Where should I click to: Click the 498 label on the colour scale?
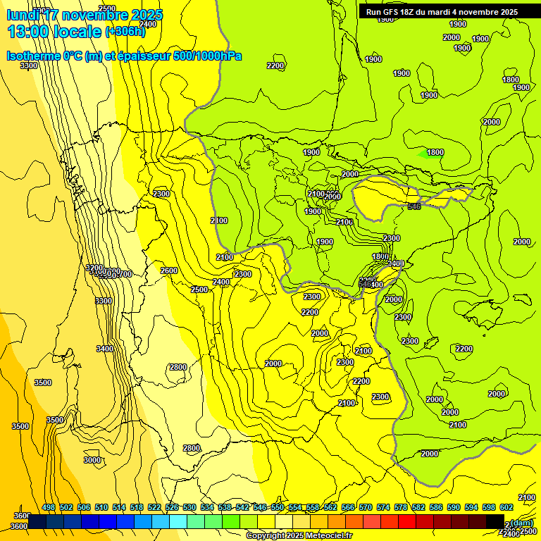coord(49,507)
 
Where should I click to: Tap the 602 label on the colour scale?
coord(506,507)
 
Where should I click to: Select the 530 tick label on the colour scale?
coord(189,507)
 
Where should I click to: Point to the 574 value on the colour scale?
coord(383,507)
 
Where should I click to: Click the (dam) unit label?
coord(521,522)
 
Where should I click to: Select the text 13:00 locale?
coord(55,31)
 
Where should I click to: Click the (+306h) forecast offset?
coord(125,31)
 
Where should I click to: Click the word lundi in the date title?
coord(23,14)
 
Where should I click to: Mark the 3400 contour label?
coord(104,349)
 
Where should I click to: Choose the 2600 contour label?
coord(169,270)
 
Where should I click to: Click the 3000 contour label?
coord(92,460)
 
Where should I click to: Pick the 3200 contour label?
coord(94,268)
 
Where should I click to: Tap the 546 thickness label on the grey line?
coord(413,206)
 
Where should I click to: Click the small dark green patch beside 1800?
coord(422,154)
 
